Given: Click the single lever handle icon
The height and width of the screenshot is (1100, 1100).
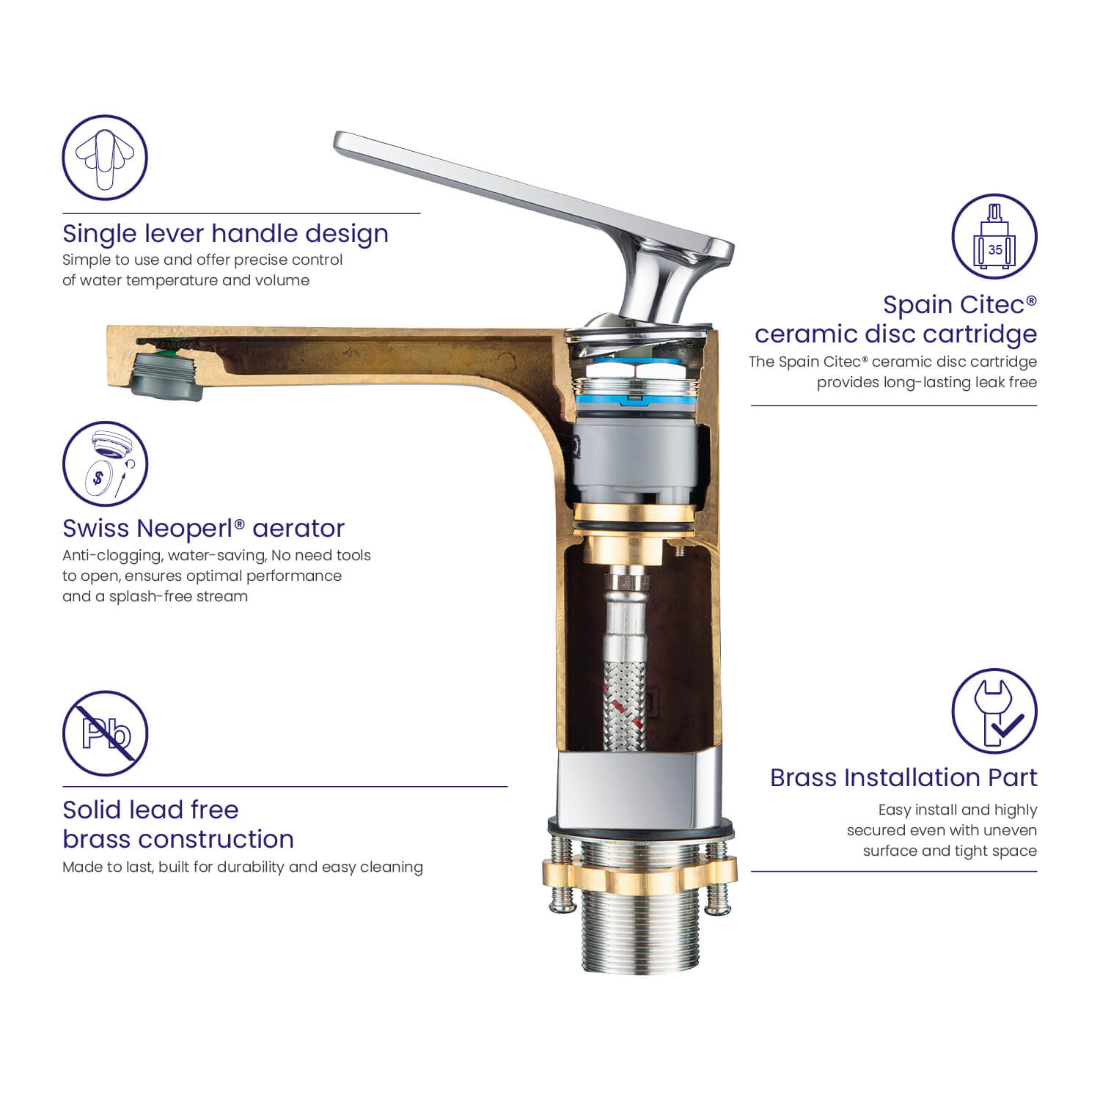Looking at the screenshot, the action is click(x=105, y=158).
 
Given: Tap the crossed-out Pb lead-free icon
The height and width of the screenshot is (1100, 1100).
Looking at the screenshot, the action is click(x=105, y=733).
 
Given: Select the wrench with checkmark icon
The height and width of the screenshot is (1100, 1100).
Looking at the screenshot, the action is click(x=994, y=711).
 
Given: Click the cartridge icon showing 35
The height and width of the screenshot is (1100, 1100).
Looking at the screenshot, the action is click(x=994, y=236).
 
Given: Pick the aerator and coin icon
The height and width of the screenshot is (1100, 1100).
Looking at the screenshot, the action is click(x=105, y=463).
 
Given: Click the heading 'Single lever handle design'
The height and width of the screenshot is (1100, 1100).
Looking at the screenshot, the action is click(x=225, y=234).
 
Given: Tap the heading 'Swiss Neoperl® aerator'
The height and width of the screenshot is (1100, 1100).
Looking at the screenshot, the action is click(x=203, y=528).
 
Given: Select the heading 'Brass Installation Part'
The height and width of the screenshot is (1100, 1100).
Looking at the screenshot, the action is click(x=903, y=777).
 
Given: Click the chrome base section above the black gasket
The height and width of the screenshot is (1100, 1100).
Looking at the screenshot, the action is click(x=639, y=788).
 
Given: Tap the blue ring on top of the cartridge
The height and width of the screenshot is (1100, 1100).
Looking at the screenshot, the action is click(x=635, y=400).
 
